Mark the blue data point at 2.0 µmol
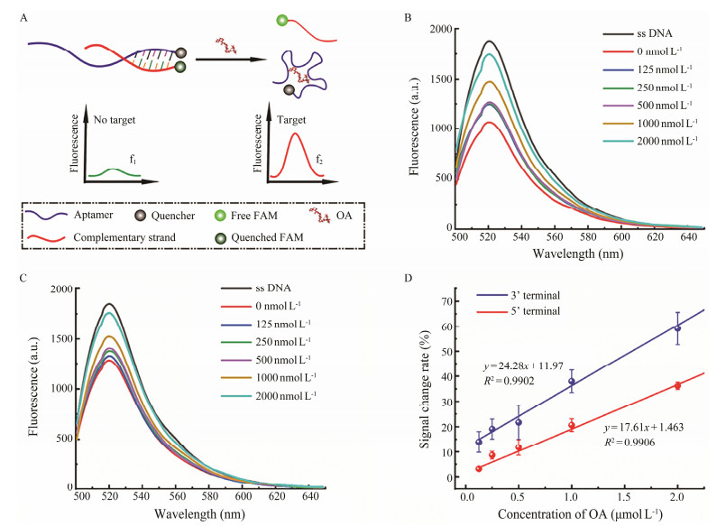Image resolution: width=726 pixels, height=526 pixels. tap(677, 328)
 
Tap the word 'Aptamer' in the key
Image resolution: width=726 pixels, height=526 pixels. tap(96, 219)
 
